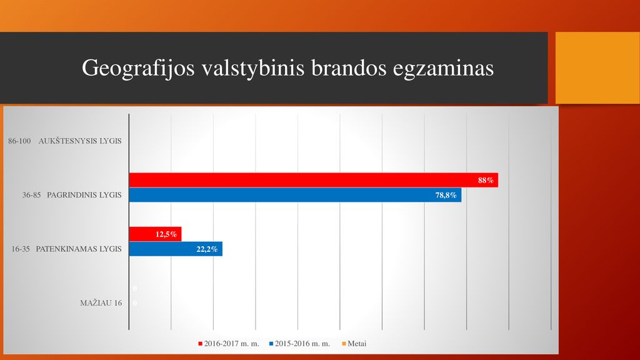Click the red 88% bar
click(x=314, y=180)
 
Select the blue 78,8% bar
click(x=295, y=195)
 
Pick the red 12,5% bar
click(x=155, y=234)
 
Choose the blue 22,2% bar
click(x=176, y=249)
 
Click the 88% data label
click(x=486, y=181)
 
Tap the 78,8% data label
click(x=446, y=195)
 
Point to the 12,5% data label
click(x=166, y=234)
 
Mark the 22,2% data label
click(x=207, y=249)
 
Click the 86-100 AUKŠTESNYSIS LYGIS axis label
click(x=65, y=141)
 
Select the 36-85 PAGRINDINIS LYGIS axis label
click(x=72, y=195)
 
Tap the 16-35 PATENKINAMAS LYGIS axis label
click(x=66, y=249)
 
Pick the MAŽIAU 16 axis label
click(x=101, y=303)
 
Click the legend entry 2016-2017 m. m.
click(x=229, y=344)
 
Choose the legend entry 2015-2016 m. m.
click(x=299, y=344)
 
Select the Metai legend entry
click(x=354, y=344)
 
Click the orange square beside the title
click(x=597, y=67)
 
